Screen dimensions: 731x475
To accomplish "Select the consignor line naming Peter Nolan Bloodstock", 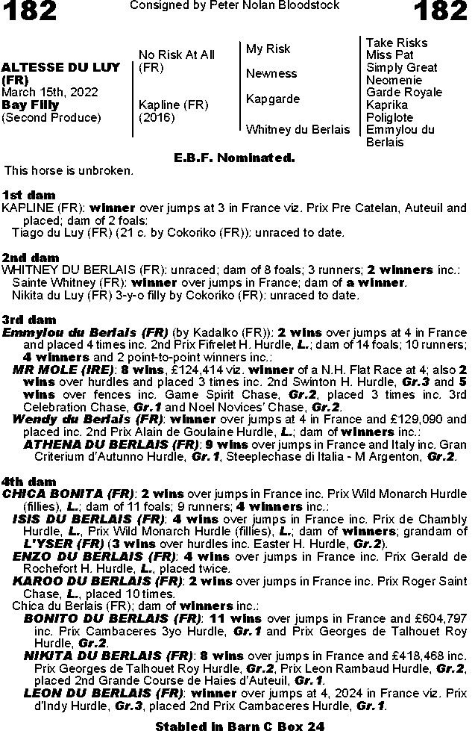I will coord(234,6).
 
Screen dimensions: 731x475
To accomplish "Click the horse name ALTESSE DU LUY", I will coord(61,67).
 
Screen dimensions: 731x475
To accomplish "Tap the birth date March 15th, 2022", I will coord(49,92).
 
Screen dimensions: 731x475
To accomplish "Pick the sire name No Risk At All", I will coord(177,55).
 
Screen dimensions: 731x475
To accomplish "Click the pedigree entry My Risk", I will coord(268,49).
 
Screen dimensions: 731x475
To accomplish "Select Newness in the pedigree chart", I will coord(271,73).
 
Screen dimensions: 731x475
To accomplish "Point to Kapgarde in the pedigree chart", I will coord(273,99).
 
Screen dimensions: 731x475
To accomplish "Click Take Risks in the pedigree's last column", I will coord(396,43).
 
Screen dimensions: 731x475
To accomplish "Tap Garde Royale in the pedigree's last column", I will coord(404,93).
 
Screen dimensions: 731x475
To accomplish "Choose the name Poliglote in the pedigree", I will coord(390,117).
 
